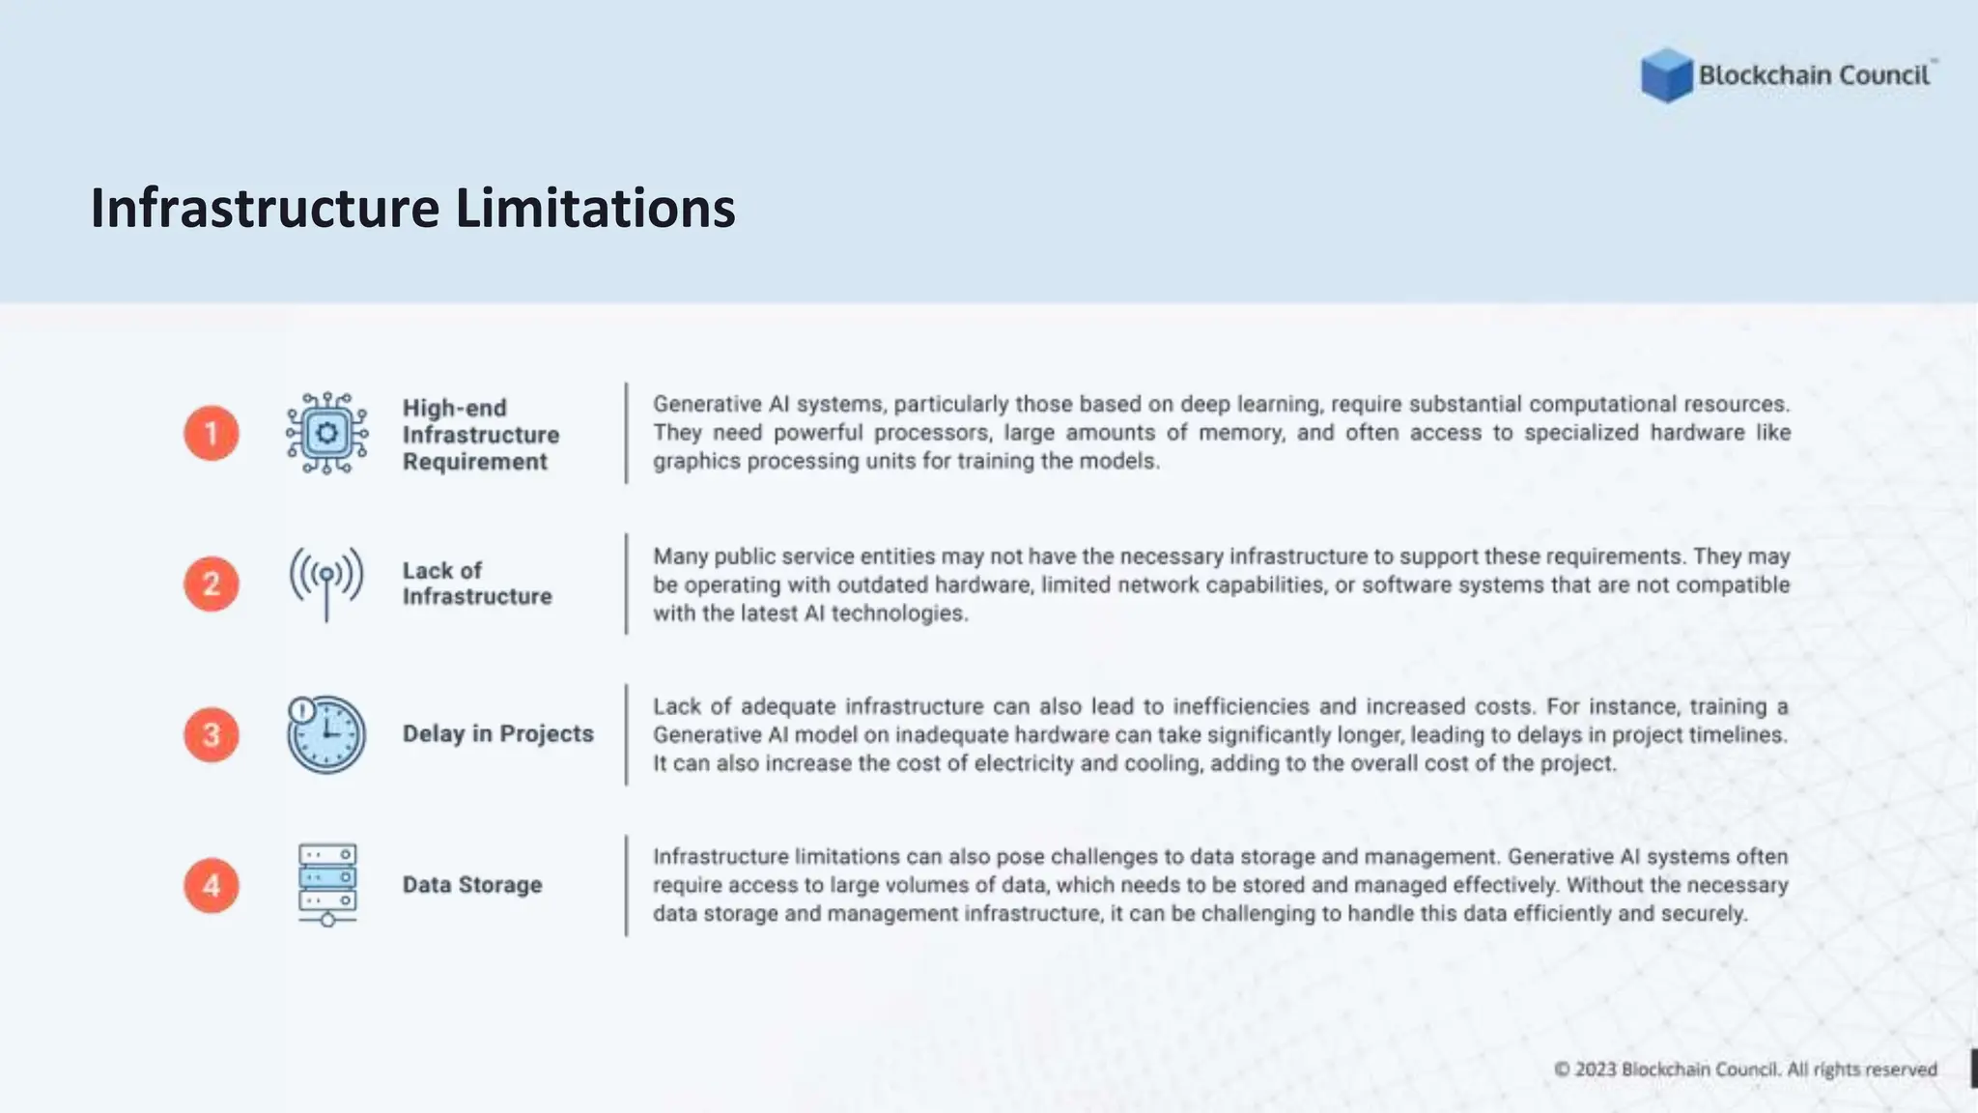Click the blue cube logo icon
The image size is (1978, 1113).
1666,75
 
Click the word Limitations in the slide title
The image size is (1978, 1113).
595,208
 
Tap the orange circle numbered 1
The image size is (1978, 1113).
212,433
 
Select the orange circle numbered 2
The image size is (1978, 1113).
212,584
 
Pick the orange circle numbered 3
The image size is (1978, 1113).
212,734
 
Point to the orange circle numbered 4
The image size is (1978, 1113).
212,885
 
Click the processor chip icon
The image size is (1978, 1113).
326,433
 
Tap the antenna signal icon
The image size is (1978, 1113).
326,583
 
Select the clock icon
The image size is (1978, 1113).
326,734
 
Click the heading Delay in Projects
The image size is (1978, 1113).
497,734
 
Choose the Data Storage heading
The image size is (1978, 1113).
472,885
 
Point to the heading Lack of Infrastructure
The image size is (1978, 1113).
477,584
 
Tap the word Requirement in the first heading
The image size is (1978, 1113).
475,462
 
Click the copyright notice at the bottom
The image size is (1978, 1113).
1745,1070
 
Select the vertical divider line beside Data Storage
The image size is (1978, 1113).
626,885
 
